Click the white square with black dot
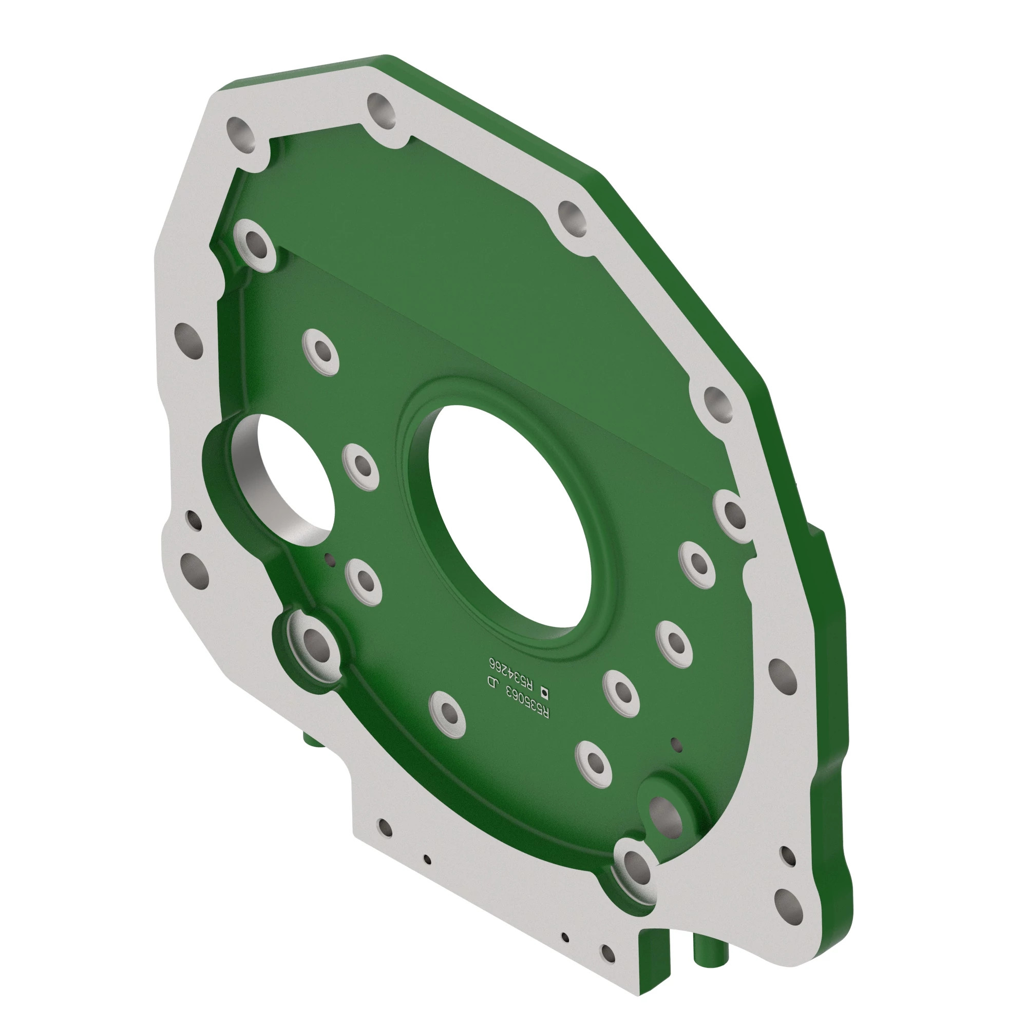pos(545,692)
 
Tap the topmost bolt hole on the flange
pos(381,110)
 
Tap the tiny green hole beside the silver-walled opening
pos(330,558)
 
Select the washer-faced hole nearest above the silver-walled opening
pos(321,351)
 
